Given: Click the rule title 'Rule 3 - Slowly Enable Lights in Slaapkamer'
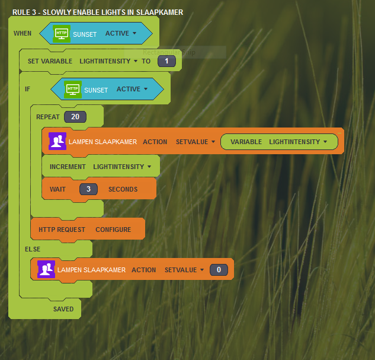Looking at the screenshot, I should pyautogui.click(x=98, y=12).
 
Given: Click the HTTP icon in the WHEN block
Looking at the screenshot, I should pyautogui.click(x=62, y=34).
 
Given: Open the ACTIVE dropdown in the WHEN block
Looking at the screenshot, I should pyautogui.click(x=121, y=34).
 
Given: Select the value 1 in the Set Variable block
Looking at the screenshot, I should pyautogui.click(x=166, y=61).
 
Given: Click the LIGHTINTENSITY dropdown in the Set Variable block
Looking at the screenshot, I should pyautogui.click(x=108, y=61).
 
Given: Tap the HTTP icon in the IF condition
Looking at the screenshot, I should pyautogui.click(x=73, y=90).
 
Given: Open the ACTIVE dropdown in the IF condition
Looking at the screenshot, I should pyautogui.click(x=132, y=90).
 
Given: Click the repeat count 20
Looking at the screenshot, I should pyautogui.click(x=75, y=117).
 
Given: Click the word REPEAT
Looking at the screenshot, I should pyautogui.click(x=48, y=117).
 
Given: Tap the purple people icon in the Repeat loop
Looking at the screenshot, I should pyautogui.click(x=57, y=141).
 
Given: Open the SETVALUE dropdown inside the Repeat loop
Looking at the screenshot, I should pyautogui.click(x=195, y=142).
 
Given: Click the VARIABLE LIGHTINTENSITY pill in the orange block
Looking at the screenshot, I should pyautogui.click(x=279, y=142).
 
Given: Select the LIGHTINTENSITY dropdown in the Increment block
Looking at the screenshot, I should pyautogui.click(x=122, y=167).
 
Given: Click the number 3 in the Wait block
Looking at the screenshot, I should pyautogui.click(x=88, y=189).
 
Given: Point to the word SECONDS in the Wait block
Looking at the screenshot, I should pyautogui.click(x=123, y=190).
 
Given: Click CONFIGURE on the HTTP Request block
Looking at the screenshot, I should pyautogui.click(x=113, y=230).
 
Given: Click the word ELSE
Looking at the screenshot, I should pyautogui.click(x=33, y=249).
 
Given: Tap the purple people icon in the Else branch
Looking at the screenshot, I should pyautogui.click(x=46, y=269).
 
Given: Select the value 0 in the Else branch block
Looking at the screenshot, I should pyautogui.click(x=219, y=270).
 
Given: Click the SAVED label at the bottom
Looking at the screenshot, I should pyautogui.click(x=63, y=309).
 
